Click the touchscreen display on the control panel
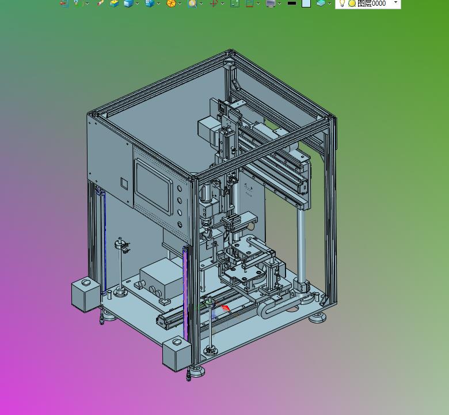[154, 186]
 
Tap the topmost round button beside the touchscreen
[180, 188]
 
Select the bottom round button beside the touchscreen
[180, 225]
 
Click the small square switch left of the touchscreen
[124, 183]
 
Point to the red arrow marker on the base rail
[226, 308]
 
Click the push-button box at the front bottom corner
[177, 354]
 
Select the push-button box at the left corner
[86, 295]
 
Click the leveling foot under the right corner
[318, 317]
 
